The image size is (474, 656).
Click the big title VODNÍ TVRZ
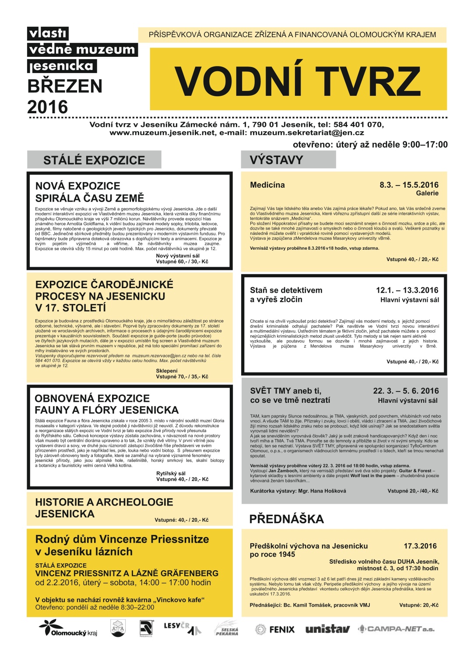pyautogui.click(x=298, y=80)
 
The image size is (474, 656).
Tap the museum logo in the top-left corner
pyautogui.click(x=82, y=50)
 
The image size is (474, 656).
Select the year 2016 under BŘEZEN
pyautogui.click(x=48, y=107)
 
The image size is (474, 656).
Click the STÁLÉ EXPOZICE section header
pyautogui.click(x=94, y=160)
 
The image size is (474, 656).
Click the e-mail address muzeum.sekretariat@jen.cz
pyautogui.click(x=307, y=133)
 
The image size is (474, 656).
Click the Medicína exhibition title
pyautogui.click(x=267, y=185)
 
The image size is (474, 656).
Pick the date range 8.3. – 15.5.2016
pyautogui.click(x=409, y=185)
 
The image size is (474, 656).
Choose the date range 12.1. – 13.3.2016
pyautogui.click(x=407, y=290)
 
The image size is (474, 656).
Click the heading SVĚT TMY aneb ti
pyautogui.click(x=285, y=391)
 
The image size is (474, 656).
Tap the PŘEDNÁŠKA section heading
pyautogui.click(x=287, y=519)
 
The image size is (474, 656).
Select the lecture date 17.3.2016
pyautogui.click(x=420, y=546)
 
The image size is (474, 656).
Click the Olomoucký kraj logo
pyautogui.click(x=68, y=628)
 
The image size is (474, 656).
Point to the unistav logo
pyautogui.click(x=327, y=629)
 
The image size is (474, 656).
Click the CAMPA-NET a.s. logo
pyautogui.click(x=396, y=629)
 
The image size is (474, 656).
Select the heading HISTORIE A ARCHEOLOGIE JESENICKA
pyautogui.click(x=104, y=508)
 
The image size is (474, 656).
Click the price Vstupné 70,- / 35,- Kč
pyautogui.click(x=182, y=377)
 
